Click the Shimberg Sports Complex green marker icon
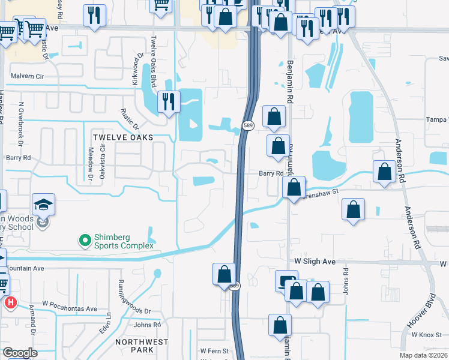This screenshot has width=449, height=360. coord(85,241)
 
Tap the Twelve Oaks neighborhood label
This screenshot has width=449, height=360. coord(123,137)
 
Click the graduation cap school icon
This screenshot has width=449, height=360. coord(43,205)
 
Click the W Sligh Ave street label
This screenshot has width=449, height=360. coord(315,262)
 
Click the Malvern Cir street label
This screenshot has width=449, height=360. coord(28,76)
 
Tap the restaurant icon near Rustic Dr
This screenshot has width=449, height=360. coord(169,101)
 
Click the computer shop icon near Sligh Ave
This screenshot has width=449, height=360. coord(286,281)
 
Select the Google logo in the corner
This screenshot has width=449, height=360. coord(20,353)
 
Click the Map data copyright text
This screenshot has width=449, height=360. coord(423,355)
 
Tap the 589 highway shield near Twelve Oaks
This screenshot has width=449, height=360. coord(248,125)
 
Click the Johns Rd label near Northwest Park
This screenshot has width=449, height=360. coord(148,325)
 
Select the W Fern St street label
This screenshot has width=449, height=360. coord(214,350)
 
